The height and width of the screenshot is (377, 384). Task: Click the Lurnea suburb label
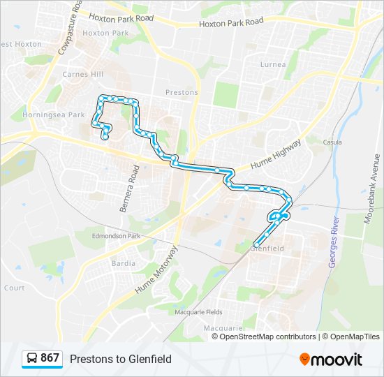coord(272,65)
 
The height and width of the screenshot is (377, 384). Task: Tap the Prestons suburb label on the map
coord(182,92)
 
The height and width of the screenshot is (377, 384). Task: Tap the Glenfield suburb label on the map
coord(267,248)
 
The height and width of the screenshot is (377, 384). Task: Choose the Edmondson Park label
coord(117,236)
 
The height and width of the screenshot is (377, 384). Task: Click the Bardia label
coord(123,264)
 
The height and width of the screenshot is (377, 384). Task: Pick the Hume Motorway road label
coord(154,269)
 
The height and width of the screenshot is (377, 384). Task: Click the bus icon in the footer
coord(32,358)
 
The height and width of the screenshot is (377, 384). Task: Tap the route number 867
coord(50,358)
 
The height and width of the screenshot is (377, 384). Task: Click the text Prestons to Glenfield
coord(120,359)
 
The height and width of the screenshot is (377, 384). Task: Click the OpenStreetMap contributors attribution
coord(267,337)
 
